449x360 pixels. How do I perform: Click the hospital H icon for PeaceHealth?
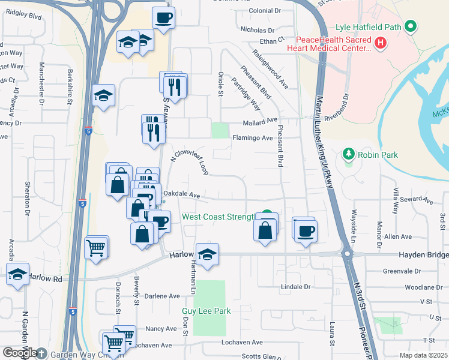(x=379, y=43)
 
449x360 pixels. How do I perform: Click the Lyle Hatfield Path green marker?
(x=411, y=26)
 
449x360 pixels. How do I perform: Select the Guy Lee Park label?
(x=206, y=311)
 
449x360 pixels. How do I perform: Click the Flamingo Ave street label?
(x=253, y=138)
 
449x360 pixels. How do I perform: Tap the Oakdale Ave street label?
(x=181, y=195)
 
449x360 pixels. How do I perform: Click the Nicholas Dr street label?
(x=257, y=29)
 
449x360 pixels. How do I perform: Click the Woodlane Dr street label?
(x=424, y=287)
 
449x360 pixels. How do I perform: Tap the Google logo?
(x=20, y=353)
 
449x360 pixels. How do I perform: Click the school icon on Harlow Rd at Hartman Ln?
(x=207, y=255)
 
